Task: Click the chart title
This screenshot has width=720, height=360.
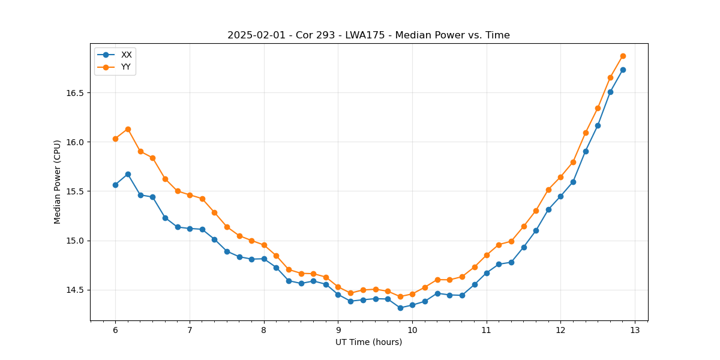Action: click(368, 35)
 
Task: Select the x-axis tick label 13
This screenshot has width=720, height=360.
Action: click(635, 331)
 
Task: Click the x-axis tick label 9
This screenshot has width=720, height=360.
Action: click(338, 331)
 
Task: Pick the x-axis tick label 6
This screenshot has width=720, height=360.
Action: click(115, 331)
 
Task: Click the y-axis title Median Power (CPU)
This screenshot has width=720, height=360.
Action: click(58, 182)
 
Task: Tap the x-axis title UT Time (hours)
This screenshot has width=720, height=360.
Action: click(368, 342)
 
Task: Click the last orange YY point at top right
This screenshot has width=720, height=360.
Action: click(623, 56)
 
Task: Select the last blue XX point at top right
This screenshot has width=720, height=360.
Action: click(623, 70)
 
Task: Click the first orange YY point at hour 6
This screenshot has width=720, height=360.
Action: click(115, 139)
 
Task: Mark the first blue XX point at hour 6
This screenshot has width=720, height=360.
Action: click(115, 185)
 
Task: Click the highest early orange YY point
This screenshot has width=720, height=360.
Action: click(128, 129)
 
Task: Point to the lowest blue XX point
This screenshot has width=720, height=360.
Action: click(400, 308)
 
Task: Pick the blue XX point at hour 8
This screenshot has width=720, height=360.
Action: click(264, 259)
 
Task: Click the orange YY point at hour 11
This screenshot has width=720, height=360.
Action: click(487, 255)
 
